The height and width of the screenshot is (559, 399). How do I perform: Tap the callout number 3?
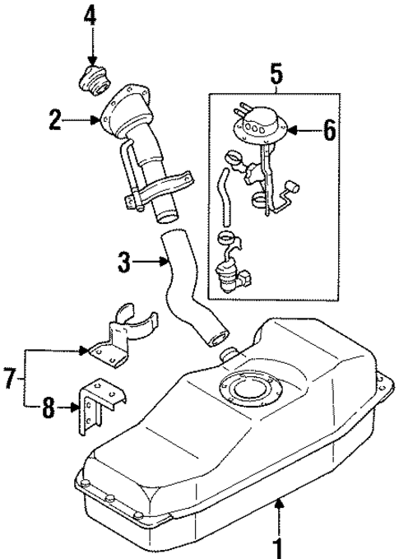click(x=124, y=264)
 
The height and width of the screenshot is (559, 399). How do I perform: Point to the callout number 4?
click(x=90, y=16)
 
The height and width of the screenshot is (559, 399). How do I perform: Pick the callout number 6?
click(x=329, y=130)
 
